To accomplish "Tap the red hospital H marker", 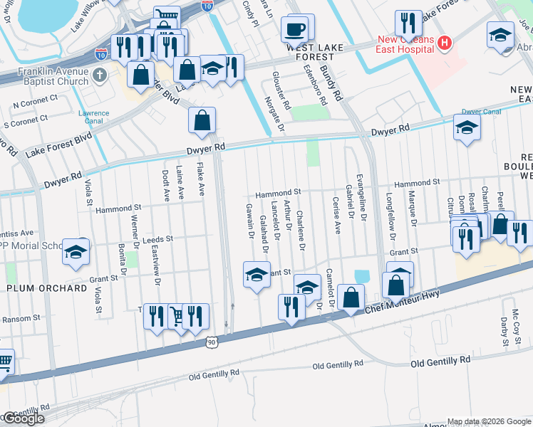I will pos(445,43).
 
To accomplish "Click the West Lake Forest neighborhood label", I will pos(310,51).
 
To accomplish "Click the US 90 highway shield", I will pos(212,343).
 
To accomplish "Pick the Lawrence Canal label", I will pos(93,117).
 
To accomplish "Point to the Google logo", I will pos(23,418).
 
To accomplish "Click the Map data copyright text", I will pos(488,421).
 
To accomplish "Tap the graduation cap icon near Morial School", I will pos(75,251).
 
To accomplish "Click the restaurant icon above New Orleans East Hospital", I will pos(408,23).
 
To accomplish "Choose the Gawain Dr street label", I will pos(251,221).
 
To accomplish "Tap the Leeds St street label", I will pos(158,240).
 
